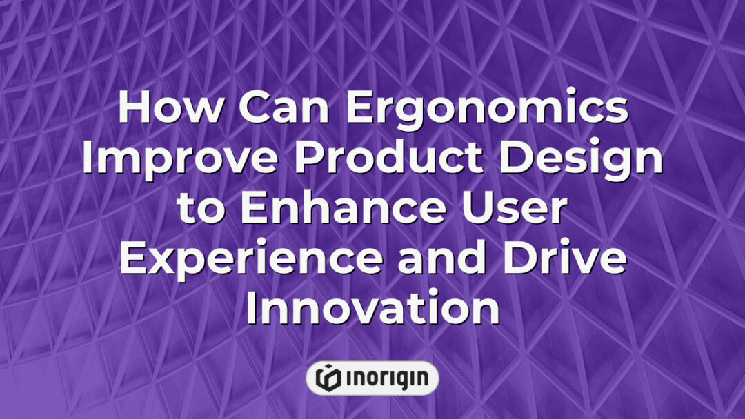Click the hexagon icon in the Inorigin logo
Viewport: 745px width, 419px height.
328,378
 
